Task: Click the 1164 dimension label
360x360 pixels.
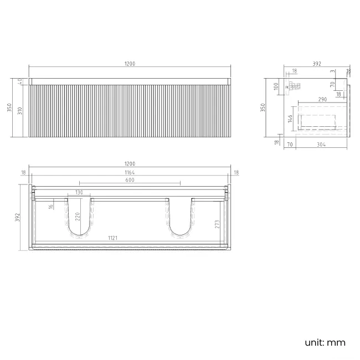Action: [130, 173]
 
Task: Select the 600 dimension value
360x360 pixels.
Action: [130, 181]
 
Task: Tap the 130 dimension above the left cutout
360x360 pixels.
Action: [79, 192]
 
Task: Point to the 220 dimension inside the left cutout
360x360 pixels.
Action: [78, 216]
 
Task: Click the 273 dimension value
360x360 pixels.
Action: [217, 224]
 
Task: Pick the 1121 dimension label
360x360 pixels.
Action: [113, 238]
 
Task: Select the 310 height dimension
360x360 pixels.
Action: [19, 111]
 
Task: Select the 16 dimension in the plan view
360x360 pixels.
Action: [50, 206]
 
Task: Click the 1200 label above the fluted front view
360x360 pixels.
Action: [130, 64]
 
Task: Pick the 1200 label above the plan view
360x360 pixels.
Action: [130, 164]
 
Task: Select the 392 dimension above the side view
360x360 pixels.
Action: [317, 64]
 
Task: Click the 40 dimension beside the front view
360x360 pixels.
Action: [19, 81]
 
